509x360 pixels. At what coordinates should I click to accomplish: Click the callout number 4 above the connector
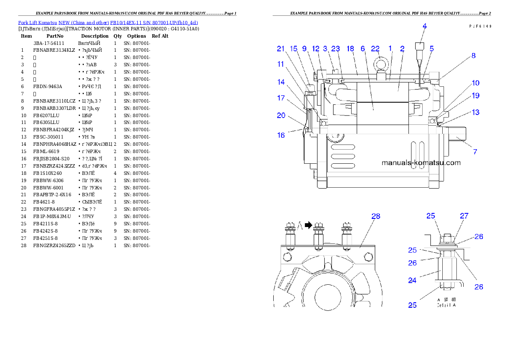click(425, 26)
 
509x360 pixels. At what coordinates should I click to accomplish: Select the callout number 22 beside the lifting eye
click(376, 49)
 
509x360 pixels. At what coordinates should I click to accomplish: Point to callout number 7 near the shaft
click(475, 152)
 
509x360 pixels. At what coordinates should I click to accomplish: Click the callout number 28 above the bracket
click(376, 216)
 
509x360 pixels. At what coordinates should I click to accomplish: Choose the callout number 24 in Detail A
click(412, 281)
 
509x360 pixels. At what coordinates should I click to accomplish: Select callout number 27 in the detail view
click(464, 216)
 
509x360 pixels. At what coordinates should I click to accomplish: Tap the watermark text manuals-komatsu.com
click(421, 163)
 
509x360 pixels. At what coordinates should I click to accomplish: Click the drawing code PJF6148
click(479, 26)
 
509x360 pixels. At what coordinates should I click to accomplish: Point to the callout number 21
click(281, 49)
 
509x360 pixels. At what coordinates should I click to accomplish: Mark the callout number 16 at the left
click(281, 135)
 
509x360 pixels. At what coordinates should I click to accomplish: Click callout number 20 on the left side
click(281, 115)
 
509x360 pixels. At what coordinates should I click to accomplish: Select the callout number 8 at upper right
click(473, 56)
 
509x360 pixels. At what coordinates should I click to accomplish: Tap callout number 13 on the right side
click(475, 112)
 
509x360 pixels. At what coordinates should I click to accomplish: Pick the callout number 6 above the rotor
click(363, 49)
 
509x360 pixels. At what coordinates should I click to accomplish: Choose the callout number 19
click(475, 96)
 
